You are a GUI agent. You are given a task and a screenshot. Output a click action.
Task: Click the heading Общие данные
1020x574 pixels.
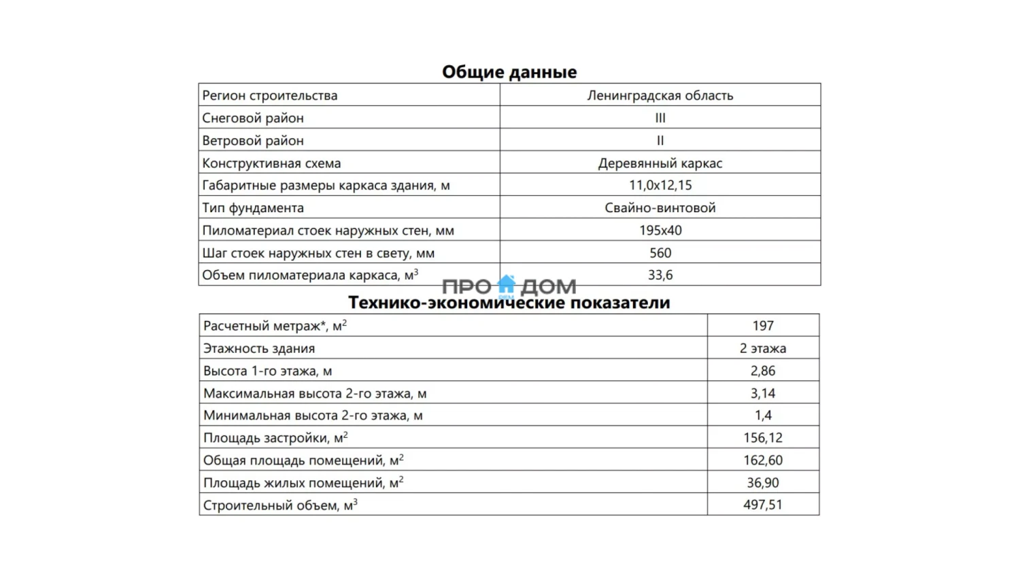coord(509,72)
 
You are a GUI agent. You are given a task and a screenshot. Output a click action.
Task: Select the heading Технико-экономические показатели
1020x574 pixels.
coord(509,303)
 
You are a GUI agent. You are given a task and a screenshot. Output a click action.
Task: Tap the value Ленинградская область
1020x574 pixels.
coord(660,95)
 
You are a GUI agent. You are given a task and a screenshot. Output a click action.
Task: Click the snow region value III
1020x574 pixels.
coord(660,118)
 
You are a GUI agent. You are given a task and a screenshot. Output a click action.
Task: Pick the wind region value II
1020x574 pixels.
coord(660,140)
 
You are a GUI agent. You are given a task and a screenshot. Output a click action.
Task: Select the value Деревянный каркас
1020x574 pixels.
coord(660,163)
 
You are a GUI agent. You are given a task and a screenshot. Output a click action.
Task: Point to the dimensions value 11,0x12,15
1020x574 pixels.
coord(660,185)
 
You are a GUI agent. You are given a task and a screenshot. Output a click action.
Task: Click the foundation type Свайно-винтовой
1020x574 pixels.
coord(660,207)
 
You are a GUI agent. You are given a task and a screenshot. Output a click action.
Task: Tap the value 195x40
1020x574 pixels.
coord(660,230)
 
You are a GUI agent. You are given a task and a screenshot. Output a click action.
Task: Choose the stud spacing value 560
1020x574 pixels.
coord(660,253)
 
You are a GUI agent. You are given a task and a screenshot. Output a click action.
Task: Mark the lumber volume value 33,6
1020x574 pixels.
coord(660,275)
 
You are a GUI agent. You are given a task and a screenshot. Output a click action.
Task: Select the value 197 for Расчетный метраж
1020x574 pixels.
coord(762,326)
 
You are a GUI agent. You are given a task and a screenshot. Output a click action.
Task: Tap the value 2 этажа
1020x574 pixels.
coord(762,348)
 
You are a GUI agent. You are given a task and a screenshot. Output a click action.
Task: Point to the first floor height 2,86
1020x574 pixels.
coord(762,371)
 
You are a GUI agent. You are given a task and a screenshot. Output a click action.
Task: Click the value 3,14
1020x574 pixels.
coord(762,393)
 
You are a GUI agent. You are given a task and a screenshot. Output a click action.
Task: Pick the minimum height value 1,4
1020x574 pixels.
coord(762,415)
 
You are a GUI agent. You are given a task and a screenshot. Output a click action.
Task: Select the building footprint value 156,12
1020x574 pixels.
coord(762,437)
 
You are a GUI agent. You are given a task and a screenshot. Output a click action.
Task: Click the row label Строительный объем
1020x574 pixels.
coord(279,505)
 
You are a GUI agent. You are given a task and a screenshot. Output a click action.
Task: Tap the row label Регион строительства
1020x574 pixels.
coord(269,95)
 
